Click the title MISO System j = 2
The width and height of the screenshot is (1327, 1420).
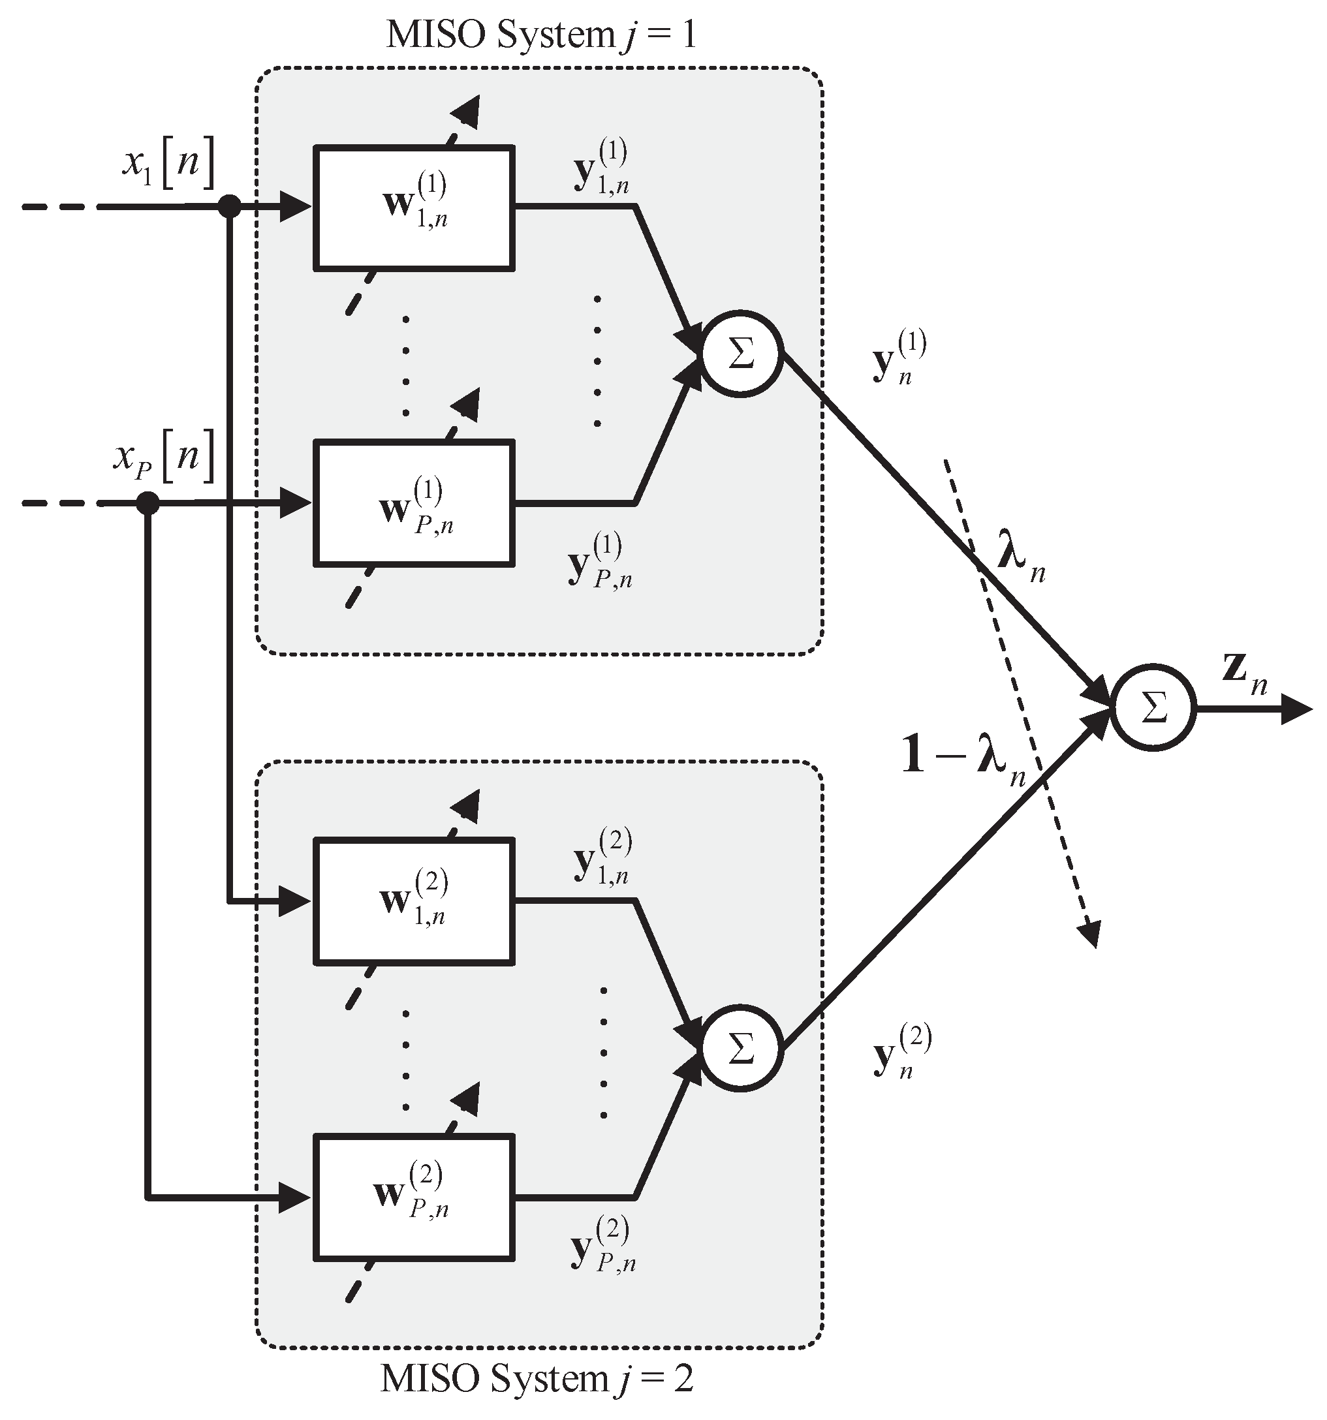click(x=537, y=1380)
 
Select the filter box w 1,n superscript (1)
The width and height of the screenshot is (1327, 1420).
click(x=414, y=208)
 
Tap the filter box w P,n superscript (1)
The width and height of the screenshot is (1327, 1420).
click(x=414, y=504)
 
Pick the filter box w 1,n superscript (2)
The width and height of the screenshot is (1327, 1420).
click(x=414, y=900)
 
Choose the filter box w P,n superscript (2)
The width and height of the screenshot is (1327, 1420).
click(x=414, y=1196)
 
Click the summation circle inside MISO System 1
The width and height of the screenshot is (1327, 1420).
click(x=741, y=354)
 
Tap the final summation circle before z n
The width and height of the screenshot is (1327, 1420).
click(x=1153, y=709)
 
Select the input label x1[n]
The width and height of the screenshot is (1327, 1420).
click(x=168, y=166)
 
